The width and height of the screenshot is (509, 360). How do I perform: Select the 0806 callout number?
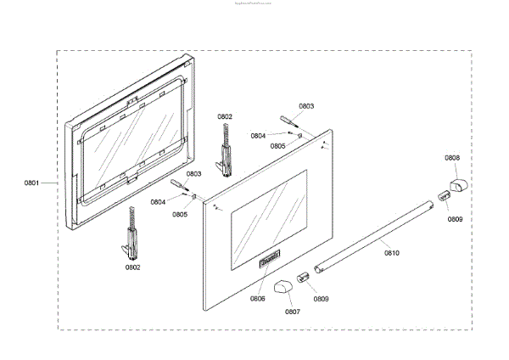coord(257,298)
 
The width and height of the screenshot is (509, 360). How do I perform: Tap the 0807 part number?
coord(292,312)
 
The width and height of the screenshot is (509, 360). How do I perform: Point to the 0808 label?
coord(453,158)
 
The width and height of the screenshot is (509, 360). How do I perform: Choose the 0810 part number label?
coord(391,252)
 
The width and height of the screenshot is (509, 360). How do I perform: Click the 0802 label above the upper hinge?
coord(225,116)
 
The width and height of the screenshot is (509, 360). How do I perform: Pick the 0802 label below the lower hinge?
coord(132,267)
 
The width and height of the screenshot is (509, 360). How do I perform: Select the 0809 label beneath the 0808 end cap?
coord(456,219)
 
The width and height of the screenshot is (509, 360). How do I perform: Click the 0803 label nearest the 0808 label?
coord(306,106)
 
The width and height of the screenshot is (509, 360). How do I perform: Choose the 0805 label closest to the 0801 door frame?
coord(180,214)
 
